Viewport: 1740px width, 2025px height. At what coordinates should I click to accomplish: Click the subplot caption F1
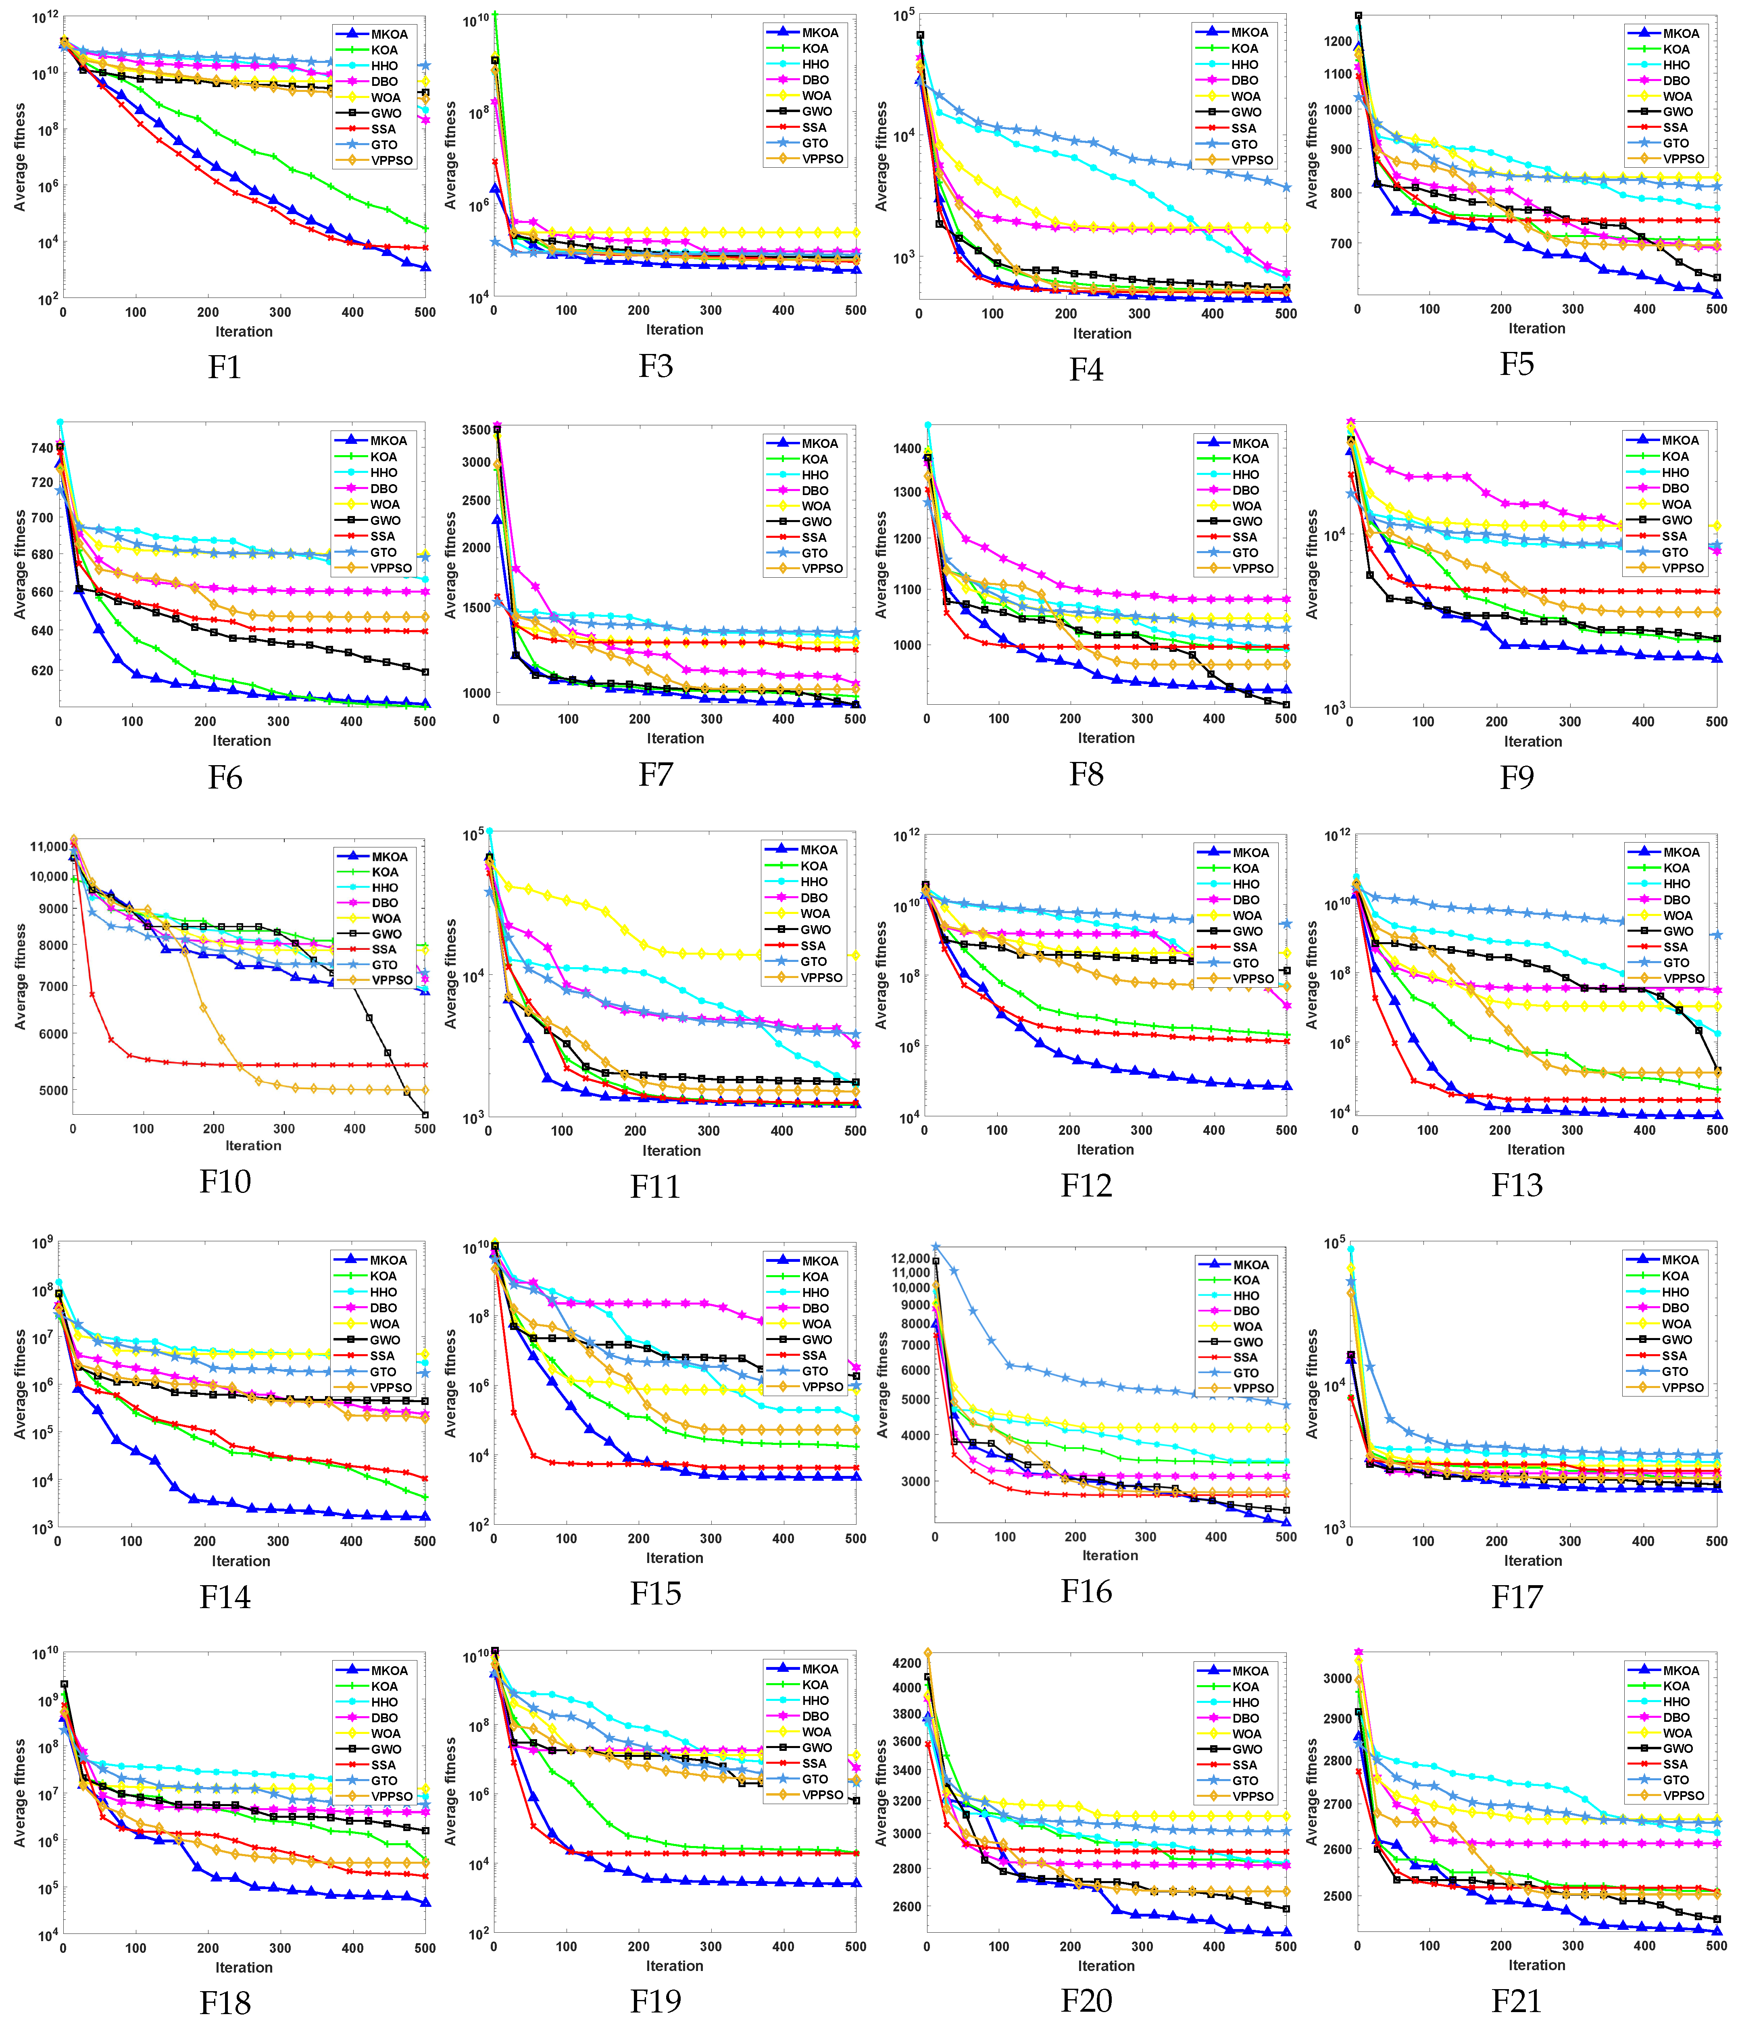click(225, 368)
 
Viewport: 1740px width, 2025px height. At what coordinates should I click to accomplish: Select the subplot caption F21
click(1516, 2000)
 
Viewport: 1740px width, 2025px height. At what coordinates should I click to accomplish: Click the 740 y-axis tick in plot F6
click(42, 447)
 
